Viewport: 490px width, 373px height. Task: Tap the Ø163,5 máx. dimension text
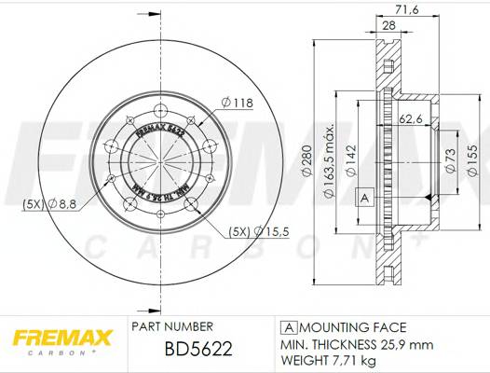point(329,158)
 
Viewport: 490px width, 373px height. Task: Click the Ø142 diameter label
point(349,159)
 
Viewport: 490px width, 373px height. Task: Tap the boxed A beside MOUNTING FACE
point(289,326)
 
